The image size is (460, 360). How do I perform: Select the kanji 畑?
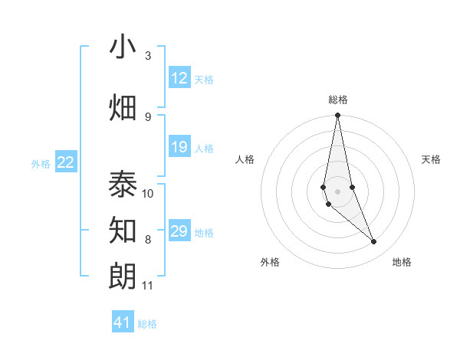123,108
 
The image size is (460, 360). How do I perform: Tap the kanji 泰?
123,185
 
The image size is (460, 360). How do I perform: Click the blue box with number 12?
179,78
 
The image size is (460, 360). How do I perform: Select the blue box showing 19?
179,147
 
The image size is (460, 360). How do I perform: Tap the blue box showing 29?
179,231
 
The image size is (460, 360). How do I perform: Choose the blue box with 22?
66,162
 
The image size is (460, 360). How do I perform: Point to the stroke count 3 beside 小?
148,56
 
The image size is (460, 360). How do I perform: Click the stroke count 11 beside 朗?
148,286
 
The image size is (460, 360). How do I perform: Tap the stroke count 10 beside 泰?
148,194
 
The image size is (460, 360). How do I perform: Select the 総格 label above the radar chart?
338,100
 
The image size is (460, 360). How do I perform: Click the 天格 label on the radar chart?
432,159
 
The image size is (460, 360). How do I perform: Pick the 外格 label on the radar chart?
270,262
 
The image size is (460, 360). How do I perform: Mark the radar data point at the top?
337,116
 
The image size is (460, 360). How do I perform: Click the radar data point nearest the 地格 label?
374,242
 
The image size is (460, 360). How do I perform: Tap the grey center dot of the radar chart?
337,191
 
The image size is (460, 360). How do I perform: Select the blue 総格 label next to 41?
147,324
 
